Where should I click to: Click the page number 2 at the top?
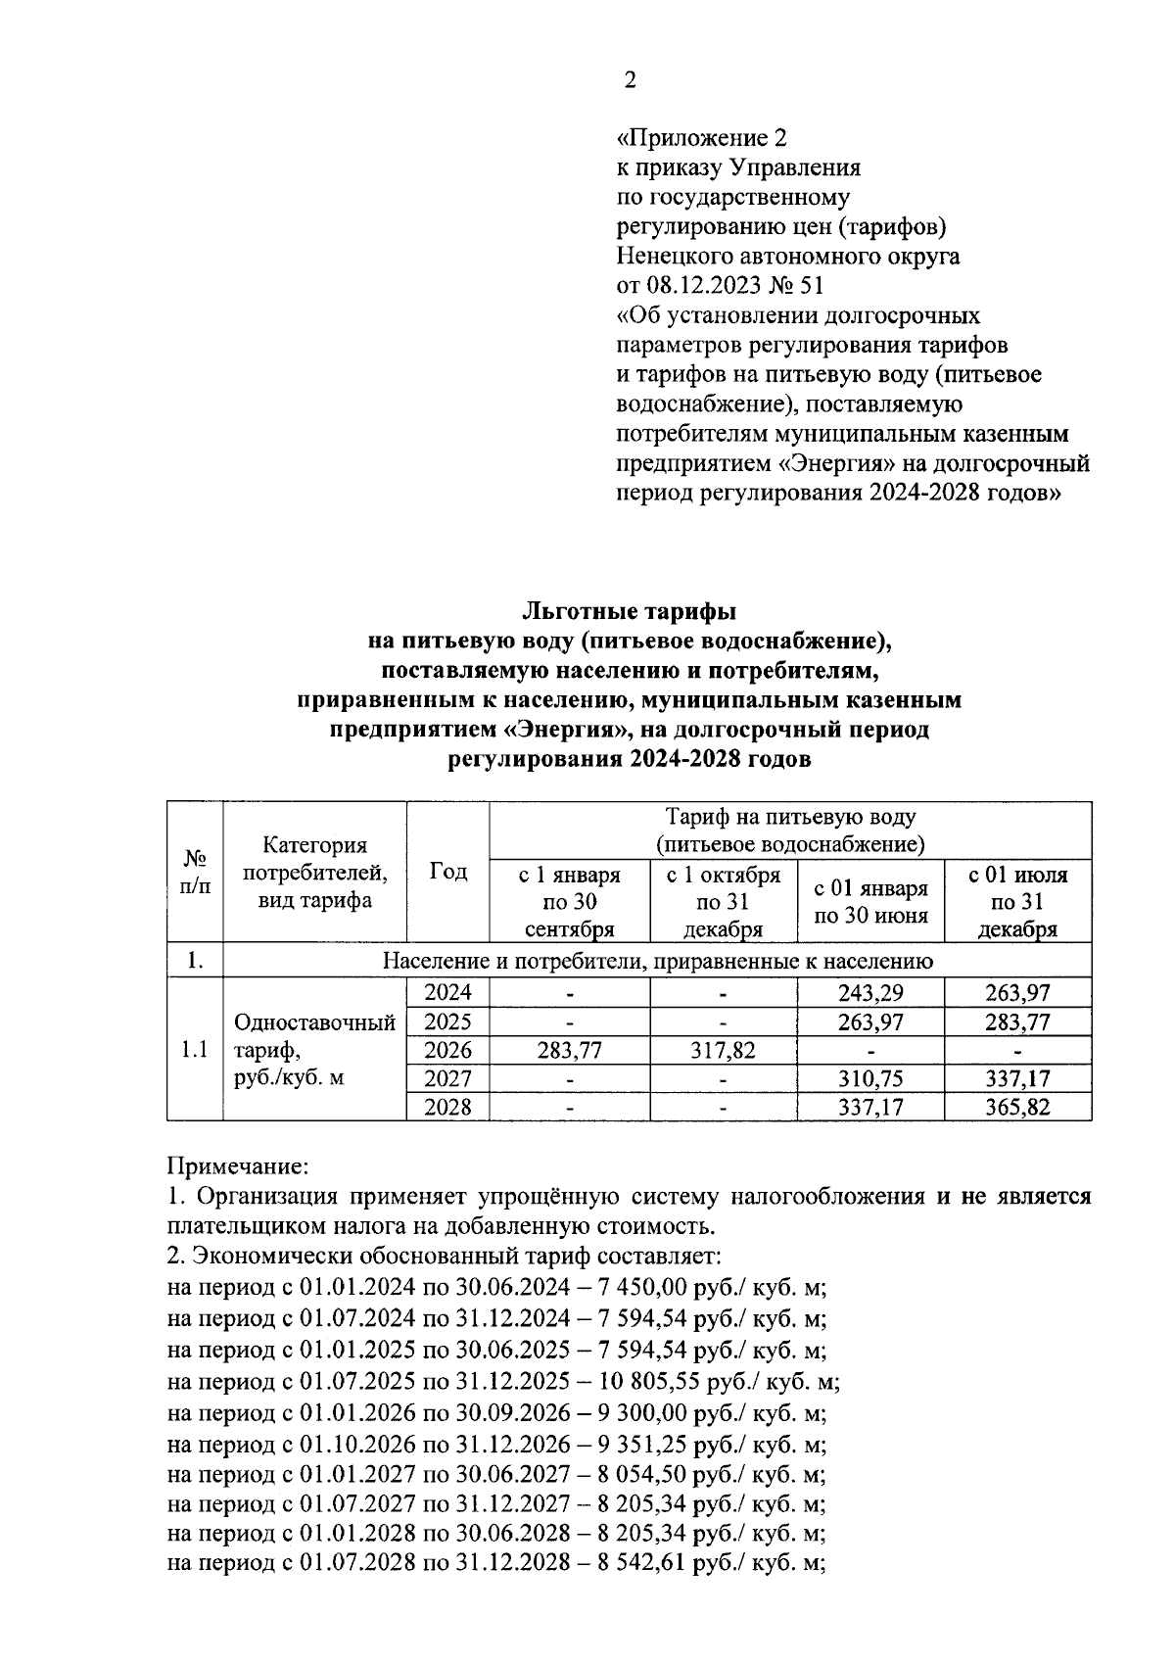pos(630,81)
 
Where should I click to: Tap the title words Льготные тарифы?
pos(629,612)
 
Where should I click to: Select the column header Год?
pos(447,872)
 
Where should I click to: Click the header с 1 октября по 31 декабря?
pos(724,901)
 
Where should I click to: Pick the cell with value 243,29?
pos(870,992)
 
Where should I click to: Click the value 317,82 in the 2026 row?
pos(724,1050)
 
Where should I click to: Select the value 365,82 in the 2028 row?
pos(1017,1107)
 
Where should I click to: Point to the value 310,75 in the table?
pos(870,1078)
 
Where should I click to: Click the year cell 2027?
pos(447,1078)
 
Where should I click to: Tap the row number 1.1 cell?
pos(195,1050)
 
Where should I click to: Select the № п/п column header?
pos(195,872)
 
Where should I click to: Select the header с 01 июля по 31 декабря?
pos(1017,901)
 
